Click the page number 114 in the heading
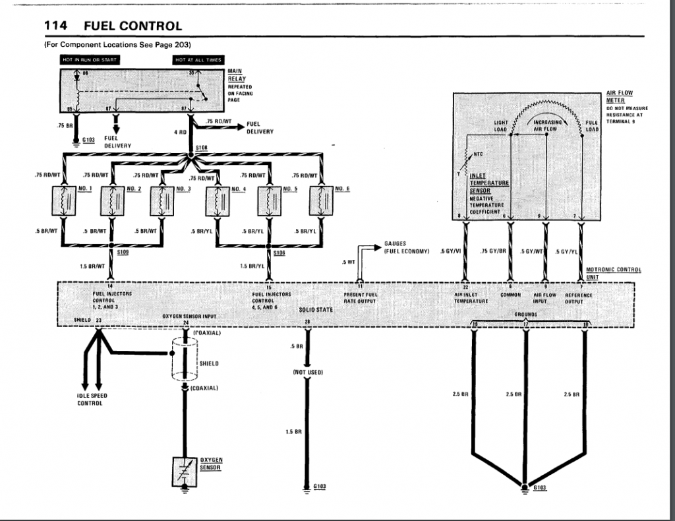(57, 26)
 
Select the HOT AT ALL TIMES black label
(198, 59)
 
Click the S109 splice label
(123, 253)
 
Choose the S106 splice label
(279, 253)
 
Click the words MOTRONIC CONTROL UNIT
(614, 273)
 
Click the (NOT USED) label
(308, 373)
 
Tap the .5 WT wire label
(348, 263)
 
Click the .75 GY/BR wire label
(493, 251)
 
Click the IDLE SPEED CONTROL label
(92, 399)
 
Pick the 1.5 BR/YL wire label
(252, 266)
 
